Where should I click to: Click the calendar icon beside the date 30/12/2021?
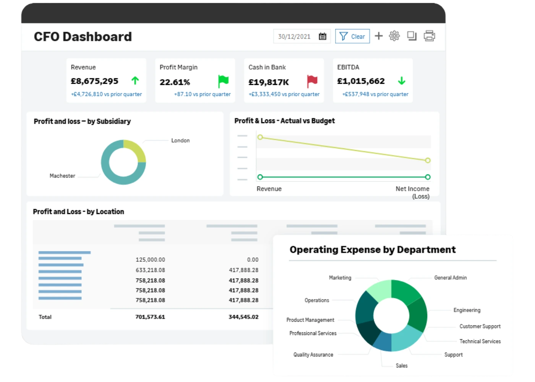click(323, 36)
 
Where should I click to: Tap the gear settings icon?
click(394, 36)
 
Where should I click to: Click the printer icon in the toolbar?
click(429, 36)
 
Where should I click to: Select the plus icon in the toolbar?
click(379, 36)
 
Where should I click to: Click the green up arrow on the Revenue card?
click(135, 81)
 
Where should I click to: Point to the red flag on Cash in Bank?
click(312, 81)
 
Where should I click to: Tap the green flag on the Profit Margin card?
click(223, 81)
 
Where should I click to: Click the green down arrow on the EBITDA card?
click(402, 81)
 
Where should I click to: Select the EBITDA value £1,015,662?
click(361, 81)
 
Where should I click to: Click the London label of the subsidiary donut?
click(180, 141)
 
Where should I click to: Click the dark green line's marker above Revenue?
click(260, 177)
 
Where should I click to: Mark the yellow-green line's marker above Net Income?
click(428, 160)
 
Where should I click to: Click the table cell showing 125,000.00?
click(150, 259)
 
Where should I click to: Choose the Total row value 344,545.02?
click(243, 317)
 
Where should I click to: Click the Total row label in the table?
click(45, 317)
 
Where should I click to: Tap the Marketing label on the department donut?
click(340, 278)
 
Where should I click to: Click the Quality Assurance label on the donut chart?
click(313, 354)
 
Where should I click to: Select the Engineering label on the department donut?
click(467, 310)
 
